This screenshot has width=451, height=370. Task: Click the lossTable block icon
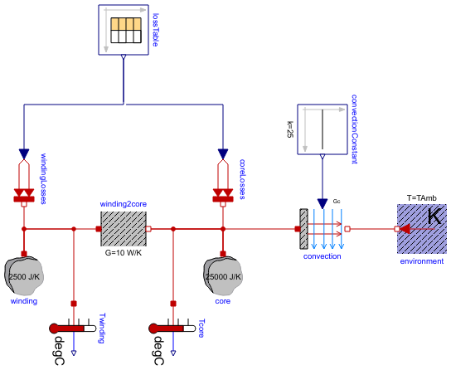click(x=123, y=30)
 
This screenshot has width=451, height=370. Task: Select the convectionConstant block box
click(x=322, y=129)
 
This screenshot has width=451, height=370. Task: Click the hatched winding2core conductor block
click(x=124, y=228)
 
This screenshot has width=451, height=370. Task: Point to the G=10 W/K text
click(x=124, y=253)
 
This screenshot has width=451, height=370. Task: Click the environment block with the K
click(x=422, y=228)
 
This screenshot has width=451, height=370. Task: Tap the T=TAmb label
click(x=422, y=198)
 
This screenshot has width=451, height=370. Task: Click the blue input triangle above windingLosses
click(x=23, y=154)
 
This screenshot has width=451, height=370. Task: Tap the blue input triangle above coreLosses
click(x=222, y=154)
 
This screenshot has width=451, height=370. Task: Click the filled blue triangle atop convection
click(x=322, y=204)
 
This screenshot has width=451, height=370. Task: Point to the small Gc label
click(x=337, y=202)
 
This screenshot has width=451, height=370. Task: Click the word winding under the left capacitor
click(x=23, y=301)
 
